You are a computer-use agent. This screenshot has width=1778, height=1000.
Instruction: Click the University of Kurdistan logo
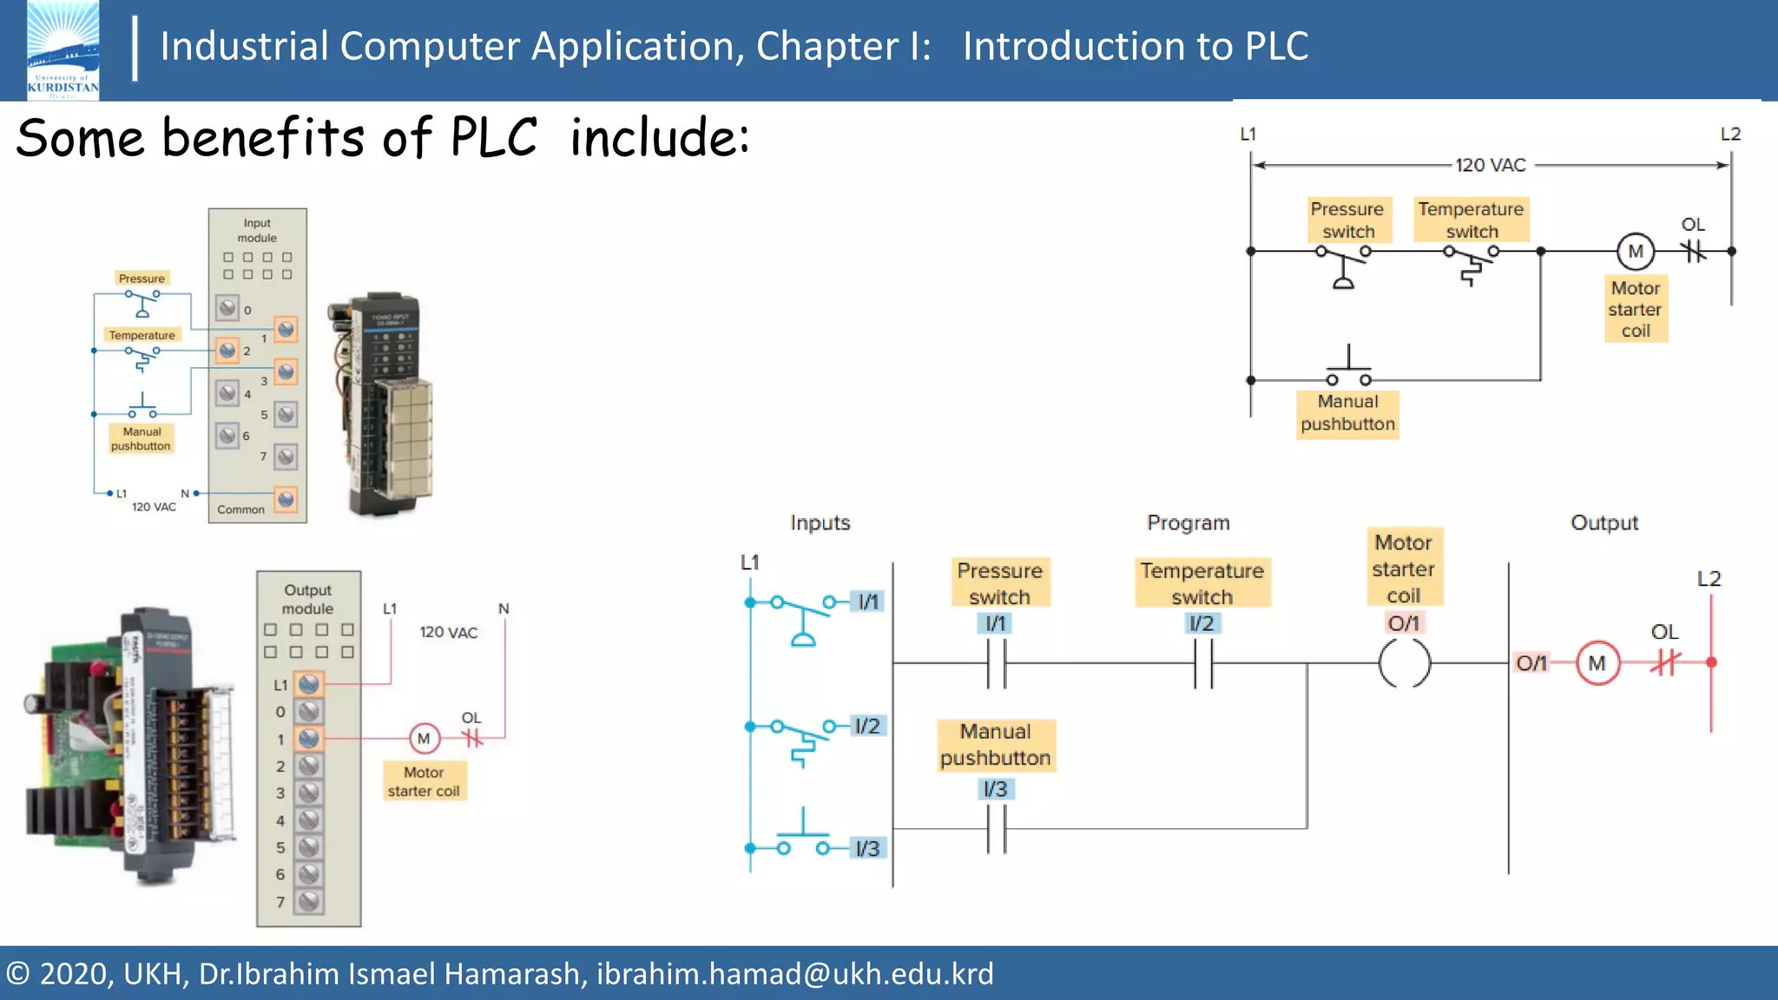pos(63,50)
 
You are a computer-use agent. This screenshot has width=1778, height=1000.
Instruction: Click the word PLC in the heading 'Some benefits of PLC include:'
pos(493,138)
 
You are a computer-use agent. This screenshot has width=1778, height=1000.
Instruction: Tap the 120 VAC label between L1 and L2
pos(1490,165)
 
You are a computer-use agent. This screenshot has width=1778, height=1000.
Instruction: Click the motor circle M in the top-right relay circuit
pos(1636,252)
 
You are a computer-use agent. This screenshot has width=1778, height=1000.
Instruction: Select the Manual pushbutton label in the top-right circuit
pos(1347,413)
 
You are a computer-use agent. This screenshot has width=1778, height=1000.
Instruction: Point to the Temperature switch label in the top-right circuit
pos(1471,220)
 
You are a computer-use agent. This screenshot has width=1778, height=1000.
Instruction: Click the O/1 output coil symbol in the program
pos(1404,663)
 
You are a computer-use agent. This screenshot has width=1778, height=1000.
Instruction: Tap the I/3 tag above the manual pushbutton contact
pos(995,789)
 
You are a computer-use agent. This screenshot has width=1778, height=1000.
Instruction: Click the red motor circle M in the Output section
pos(1597,663)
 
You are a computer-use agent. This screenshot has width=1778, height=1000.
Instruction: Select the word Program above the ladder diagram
pos(1188,523)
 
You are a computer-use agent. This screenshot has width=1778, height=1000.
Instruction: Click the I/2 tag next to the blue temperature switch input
pos(866,726)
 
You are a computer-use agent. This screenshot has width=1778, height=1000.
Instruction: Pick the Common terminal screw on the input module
pos(286,499)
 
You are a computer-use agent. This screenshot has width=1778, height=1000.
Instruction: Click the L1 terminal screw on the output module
pos(308,684)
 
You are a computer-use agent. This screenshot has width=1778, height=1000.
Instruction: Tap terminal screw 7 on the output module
pos(308,901)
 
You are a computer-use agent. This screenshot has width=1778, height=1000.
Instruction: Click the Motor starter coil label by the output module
pos(424,781)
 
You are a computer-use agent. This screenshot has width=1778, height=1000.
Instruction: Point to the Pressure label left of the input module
pos(142,279)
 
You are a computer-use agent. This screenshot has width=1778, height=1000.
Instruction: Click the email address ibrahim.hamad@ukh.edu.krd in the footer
pos(794,974)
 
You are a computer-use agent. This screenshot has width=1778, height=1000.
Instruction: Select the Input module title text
pos(257,230)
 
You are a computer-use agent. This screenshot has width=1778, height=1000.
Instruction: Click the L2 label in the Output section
pos(1709,579)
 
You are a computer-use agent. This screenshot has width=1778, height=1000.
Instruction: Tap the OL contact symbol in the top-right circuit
pos(1693,252)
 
